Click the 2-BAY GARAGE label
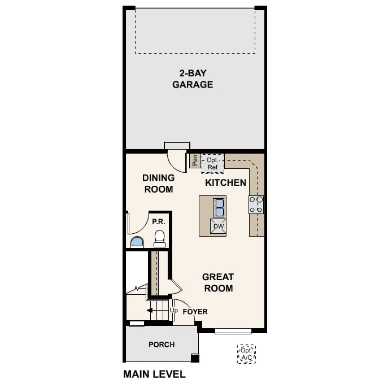pos(196,79)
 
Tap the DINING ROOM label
pos(158,184)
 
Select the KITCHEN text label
pos(225,182)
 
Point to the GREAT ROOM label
pos(218,282)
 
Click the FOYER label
pos(195,311)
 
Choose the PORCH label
pos(162,345)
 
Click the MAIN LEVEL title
pos(154,374)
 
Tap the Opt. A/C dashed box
pos(246,354)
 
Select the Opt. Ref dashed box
pos(213,163)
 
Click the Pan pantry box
pos(194,161)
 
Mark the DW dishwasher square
pos(218,226)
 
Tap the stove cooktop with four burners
pos(256,204)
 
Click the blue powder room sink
pos(137,242)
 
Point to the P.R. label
pos(158,222)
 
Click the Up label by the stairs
pos(174,311)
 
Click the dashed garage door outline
pos(196,31)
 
